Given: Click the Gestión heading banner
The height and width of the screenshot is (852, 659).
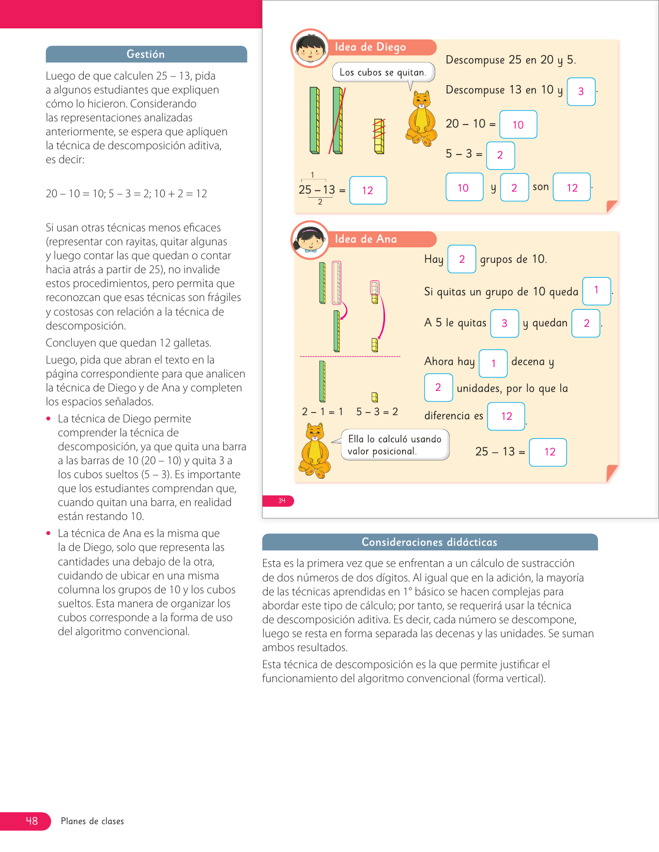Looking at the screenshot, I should [146, 54].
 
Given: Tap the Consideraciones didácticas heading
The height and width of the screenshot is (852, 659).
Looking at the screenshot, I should [430, 542].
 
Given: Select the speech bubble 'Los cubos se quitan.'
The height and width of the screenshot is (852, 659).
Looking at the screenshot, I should [383, 72].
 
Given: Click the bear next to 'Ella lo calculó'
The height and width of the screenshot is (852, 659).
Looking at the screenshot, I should [315, 451].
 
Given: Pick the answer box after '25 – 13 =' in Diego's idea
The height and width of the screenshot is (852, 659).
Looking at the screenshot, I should [368, 191].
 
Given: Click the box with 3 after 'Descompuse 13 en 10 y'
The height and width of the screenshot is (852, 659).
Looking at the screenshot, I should [581, 91].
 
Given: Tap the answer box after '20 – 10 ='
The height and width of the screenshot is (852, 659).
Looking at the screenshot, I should [518, 124].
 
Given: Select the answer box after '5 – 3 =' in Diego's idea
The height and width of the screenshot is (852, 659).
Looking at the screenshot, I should [500, 155].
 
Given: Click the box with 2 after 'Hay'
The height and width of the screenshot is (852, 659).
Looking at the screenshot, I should [462, 259].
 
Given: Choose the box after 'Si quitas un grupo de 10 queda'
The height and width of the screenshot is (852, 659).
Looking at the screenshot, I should [596, 291].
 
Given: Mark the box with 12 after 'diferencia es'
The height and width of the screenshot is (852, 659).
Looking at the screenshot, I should [507, 416].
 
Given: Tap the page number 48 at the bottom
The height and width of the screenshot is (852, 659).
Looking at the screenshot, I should [31, 821].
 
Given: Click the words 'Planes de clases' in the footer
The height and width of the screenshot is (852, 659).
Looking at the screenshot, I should [93, 821].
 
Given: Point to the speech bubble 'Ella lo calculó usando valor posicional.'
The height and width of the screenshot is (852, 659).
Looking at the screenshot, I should [395, 445].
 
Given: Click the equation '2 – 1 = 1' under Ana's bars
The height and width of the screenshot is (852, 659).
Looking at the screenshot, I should [323, 412].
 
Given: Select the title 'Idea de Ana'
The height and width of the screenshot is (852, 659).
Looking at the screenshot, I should [366, 239].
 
